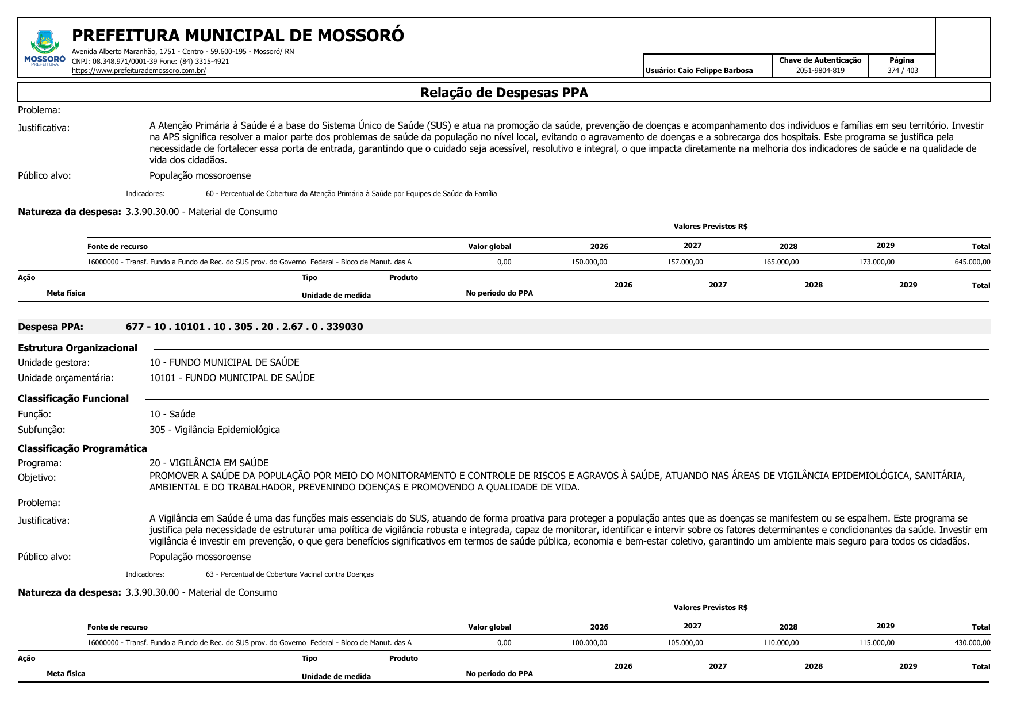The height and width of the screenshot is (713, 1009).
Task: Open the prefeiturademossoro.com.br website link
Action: coord(139,71)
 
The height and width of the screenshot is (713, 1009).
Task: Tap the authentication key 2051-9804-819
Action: coord(820,71)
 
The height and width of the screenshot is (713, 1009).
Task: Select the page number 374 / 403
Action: coord(902,71)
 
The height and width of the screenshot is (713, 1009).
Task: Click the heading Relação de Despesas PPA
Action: coord(504,93)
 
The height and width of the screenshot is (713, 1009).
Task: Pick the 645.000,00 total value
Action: coord(972,262)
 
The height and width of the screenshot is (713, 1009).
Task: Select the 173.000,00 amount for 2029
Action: coord(876,262)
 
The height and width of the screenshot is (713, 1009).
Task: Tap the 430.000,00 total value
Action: coord(972,643)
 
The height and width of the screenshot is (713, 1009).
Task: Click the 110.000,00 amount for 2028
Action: coord(780,643)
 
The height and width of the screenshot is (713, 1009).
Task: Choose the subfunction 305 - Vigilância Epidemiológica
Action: coord(214,430)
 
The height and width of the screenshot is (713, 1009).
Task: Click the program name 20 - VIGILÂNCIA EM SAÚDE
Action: coord(209,463)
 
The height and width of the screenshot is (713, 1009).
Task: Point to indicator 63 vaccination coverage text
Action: coord(290,574)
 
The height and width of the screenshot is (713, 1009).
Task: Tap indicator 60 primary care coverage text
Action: coord(351,194)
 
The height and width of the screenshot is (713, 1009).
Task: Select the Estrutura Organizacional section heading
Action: coord(78,348)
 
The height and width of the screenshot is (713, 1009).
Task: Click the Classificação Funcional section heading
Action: coord(73,398)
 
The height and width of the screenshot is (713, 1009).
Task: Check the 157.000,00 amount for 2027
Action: coord(685,262)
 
